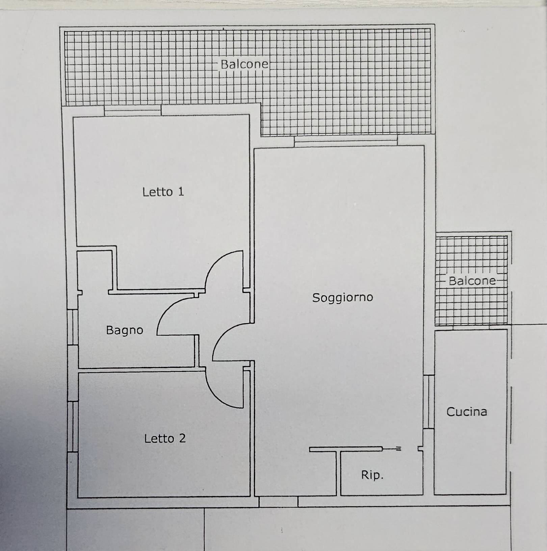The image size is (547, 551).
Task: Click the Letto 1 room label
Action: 163,192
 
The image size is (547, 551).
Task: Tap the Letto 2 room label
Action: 165,438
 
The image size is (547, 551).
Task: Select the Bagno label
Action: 125,330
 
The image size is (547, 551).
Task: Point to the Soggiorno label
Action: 343,297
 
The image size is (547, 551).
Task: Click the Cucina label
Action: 467,412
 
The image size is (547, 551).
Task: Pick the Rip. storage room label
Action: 372,475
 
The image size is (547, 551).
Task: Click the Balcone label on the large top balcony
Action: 244,64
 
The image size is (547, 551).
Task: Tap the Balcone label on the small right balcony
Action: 472,281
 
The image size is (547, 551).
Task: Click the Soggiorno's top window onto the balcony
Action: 346,141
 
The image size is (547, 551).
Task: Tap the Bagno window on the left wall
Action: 73,327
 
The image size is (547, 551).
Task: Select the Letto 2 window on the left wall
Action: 73,426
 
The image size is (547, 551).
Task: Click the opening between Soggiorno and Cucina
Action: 429,401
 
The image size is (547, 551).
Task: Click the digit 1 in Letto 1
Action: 181,192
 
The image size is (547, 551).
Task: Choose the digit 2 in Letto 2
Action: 182,438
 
